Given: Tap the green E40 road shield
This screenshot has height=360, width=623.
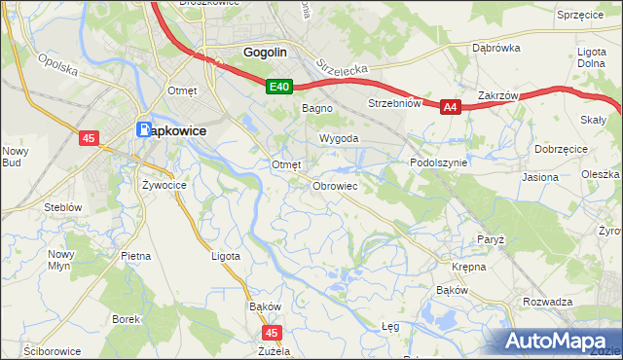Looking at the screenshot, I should [280, 88].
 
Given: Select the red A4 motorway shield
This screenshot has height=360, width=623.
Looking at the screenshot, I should [450, 108].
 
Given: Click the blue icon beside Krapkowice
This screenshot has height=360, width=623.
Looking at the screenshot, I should [144, 128].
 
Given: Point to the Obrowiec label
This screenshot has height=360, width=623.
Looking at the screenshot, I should [336, 186].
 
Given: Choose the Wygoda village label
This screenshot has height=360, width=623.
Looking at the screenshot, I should [339, 139].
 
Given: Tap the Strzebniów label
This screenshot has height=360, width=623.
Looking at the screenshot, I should [393, 103].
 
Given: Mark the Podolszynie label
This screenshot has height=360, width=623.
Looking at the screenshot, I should [439, 163].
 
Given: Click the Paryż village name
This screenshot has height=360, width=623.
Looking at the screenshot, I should [489, 238].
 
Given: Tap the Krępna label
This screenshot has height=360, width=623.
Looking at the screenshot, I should [469, 266].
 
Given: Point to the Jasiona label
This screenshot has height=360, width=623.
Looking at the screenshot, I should [540, 178].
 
